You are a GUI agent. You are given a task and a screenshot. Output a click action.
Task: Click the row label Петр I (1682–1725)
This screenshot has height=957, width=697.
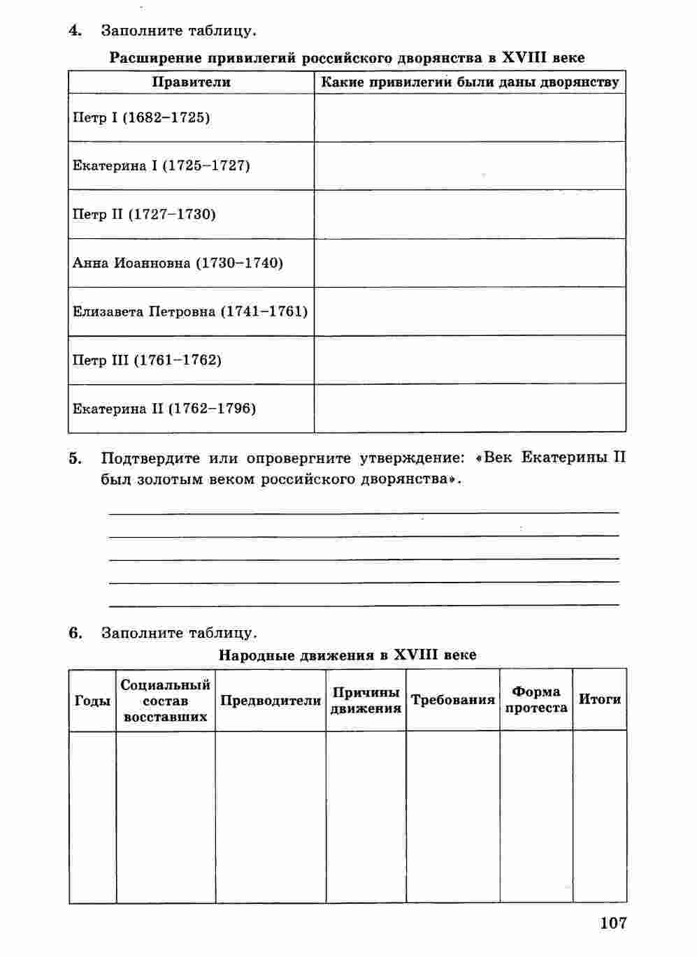click(x=141, y=117)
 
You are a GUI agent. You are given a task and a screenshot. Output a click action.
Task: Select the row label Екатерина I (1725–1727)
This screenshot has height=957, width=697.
click(x=161, y=166)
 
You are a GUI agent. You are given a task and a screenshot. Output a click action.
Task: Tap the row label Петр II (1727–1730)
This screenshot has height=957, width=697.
click(x=144, y=214)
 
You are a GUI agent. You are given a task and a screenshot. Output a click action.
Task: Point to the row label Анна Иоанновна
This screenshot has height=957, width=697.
click(x=178, y=263)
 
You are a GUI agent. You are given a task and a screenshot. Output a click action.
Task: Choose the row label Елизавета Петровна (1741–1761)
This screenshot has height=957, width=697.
click(x=190, y=312)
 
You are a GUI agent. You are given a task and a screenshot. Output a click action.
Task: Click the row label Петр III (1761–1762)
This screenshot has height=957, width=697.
click(x=147, y=360)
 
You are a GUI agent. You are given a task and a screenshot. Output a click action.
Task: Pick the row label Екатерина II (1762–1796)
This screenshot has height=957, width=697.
click(x=164, y=409)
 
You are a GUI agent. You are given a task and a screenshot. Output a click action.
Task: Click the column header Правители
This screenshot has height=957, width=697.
click(x=191, y=82)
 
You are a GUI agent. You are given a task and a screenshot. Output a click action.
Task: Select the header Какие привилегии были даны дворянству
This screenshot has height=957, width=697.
click(x=470, y=82)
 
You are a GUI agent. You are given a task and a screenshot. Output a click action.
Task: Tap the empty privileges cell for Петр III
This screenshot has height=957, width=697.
click(x=470, y=360)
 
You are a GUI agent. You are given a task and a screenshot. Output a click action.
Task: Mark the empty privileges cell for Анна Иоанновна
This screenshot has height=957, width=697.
click(x=470, y=263)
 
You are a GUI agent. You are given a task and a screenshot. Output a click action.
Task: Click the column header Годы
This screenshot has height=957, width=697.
click(x=92, y=701)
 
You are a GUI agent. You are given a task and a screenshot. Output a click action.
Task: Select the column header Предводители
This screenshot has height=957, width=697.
click(x=271, y=701)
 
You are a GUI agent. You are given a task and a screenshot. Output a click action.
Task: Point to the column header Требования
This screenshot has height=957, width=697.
click(x=453, y=700)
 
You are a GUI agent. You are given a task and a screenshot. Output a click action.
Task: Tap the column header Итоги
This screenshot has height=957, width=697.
click(x=600, y=699)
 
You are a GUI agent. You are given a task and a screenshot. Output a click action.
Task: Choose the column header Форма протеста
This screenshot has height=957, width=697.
click(x=536, y=700)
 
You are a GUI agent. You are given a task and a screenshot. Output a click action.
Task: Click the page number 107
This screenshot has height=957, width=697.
click(x=613, y=923)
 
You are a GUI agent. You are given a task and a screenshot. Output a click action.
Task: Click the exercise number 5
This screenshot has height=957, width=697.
click(x=76, y=459)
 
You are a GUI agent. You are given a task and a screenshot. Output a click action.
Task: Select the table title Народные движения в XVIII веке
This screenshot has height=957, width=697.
click(x=347, y=655)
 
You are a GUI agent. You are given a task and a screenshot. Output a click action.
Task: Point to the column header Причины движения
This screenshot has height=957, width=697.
click(x=366, y=701)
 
